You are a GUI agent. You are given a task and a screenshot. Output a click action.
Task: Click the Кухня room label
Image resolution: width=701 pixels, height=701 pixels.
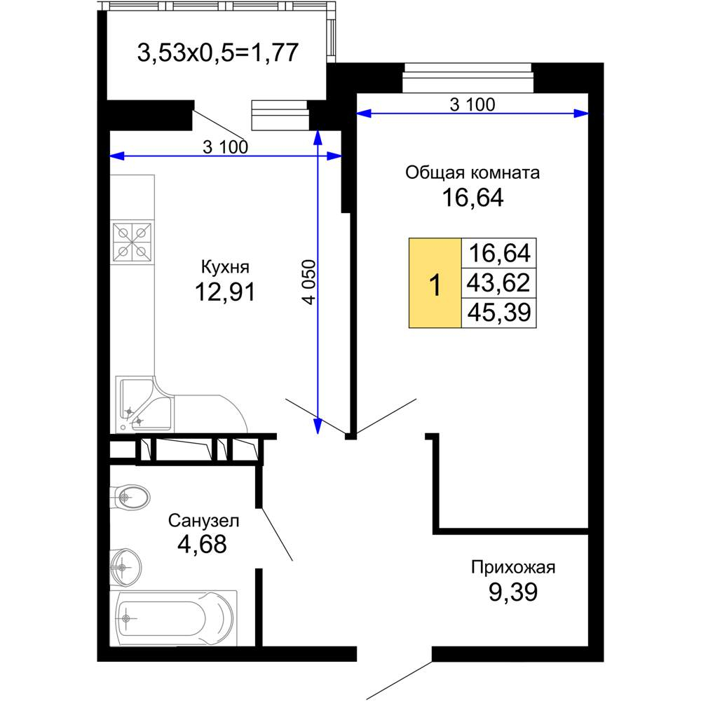225,267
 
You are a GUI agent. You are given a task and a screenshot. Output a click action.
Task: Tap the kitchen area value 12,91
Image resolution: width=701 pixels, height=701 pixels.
225,292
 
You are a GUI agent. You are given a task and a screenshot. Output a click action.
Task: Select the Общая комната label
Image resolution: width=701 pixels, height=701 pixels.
472,172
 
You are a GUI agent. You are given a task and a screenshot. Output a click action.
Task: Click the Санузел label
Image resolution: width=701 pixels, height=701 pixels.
203,520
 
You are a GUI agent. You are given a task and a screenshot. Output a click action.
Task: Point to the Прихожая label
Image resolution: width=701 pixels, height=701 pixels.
513,567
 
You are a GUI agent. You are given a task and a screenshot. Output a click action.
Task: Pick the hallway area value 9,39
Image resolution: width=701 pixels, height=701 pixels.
513,592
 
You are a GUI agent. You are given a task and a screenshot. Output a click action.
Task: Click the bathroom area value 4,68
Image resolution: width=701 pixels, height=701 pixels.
202,544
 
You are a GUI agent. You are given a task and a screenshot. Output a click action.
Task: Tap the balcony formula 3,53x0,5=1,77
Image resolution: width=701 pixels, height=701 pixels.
218,53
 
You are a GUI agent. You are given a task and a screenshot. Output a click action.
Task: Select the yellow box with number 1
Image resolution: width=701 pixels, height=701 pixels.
435,283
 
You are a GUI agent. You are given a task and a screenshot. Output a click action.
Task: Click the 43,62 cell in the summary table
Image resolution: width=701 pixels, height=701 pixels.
498,283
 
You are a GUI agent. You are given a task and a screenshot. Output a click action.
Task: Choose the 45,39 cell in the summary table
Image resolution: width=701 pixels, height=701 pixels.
498,312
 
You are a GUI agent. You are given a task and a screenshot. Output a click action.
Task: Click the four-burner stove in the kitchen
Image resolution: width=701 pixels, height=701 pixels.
132,242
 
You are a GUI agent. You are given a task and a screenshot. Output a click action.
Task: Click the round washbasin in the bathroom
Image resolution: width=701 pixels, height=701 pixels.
125,567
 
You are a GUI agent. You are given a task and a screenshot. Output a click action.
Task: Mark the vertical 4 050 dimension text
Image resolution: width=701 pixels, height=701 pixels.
309,282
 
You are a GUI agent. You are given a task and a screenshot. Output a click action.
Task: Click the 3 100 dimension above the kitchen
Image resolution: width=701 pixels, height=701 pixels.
225,147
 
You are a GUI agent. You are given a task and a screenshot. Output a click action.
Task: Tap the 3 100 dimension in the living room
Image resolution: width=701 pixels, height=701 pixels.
472,104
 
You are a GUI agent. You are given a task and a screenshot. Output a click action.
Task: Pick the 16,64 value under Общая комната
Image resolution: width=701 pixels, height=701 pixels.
472,198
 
